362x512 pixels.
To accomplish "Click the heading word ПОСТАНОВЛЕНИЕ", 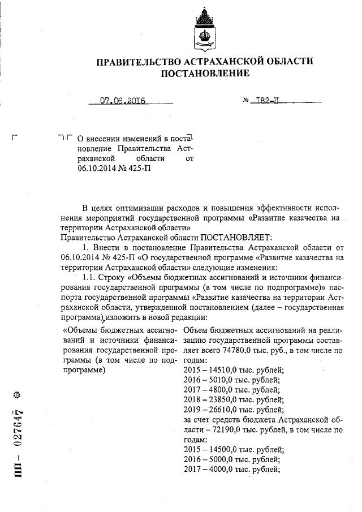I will click(205, 74).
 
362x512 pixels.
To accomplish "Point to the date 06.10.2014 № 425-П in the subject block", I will click(114, 168).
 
